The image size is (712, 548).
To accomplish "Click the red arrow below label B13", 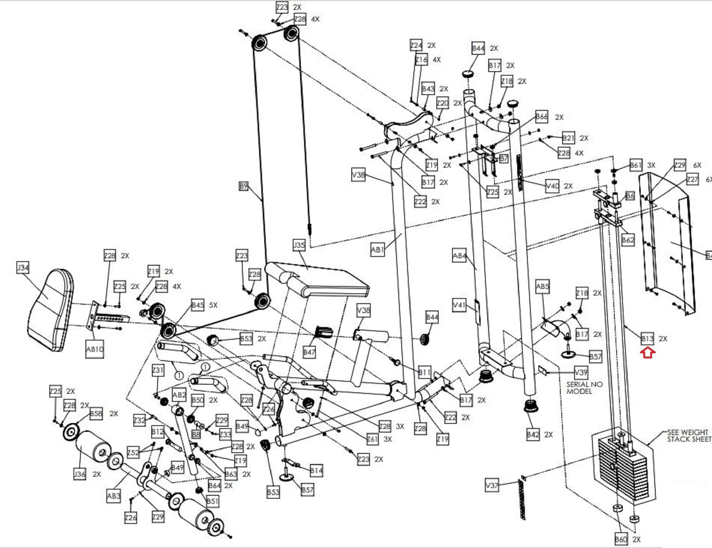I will (x=648, y=353).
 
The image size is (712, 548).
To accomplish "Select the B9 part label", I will (x=243, y=186).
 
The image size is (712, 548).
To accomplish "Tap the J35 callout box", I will (x=299, y=245).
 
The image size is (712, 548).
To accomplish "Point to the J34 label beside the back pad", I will (x=23, y=267).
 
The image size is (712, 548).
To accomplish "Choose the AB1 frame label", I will (x=378, y=250).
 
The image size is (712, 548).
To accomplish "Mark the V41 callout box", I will (x=459, y=305).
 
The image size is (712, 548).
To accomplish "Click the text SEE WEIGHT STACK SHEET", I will (x=688, y=435).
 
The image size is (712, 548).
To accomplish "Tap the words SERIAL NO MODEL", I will (x=584, y=388).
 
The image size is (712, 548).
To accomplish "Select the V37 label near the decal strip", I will (x=492, y=485).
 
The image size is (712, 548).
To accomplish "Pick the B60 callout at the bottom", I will (x=621, y=539).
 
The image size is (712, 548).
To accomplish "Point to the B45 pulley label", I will (x=197, y=305).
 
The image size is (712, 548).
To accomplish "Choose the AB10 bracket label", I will (x=94, y=349).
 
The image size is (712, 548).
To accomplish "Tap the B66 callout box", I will (x=542, y=117).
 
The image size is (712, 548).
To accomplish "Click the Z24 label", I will (x=416, y=45).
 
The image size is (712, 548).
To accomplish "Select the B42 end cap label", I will (x=533, y=434).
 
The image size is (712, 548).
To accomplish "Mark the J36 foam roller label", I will (x=80, y=474).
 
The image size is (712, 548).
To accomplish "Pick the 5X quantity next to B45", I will (x=213, y=305).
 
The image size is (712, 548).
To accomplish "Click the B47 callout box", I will (x=309, y=352).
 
